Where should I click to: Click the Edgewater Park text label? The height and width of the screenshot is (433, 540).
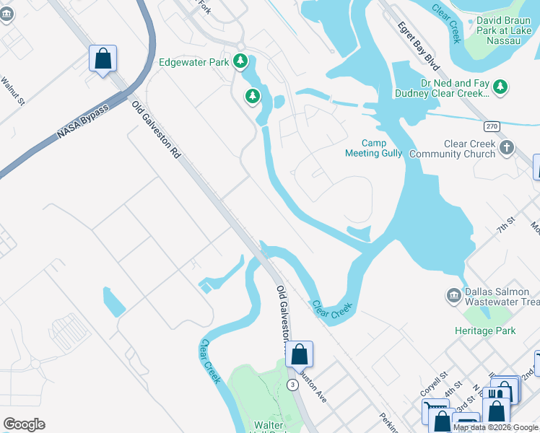pyautogui.click(x=193, y=62)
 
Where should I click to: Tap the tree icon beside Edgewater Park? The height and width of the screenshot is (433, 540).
pyautogui.click(x=241, y=62)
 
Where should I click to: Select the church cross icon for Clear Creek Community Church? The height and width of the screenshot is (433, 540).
pyautogui.click(x=506, y=149)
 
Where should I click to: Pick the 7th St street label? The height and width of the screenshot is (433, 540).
pyautogui.click(x=504, y=224)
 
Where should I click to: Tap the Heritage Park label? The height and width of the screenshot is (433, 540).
pyautogui.click(x=485, y=331)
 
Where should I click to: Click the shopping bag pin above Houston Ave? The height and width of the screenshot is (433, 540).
pyautogui.click(x=299, y=354)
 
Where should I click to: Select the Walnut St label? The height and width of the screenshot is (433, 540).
pyautogui.click(x=12, y=92)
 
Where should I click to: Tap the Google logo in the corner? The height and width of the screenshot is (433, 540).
pyautogui.click(x=24, y=424)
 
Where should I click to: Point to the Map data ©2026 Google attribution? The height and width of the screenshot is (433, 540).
pyautogui.click(x=495, y=427)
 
